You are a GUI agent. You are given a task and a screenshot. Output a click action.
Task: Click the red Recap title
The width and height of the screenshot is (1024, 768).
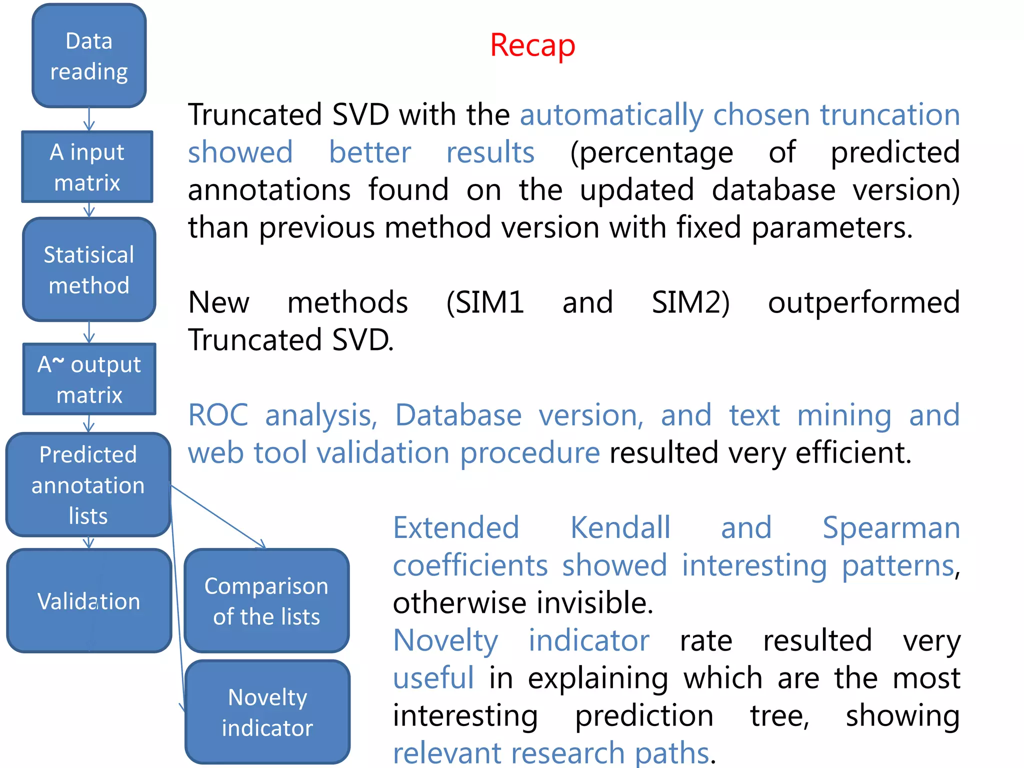pyautogui.click(x=532, y=45)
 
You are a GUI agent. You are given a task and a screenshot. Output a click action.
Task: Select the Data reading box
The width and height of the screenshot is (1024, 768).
pyautogui.click(x=89, y=56)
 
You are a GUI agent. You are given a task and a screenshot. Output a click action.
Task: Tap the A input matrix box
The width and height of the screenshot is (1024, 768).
pyautogui.click(x=87, y=167)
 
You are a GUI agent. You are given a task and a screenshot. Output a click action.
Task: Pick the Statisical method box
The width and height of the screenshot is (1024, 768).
pyautogui.click(x=89, y=269)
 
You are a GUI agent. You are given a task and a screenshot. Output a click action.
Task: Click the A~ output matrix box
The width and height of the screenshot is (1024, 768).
pyautogui.click(x=89, y=379)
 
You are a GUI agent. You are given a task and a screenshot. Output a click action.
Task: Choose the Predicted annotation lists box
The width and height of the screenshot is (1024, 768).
pyautogui.click(x=88, y=485)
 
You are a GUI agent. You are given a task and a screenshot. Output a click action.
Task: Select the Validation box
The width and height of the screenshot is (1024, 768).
pyautogui.click(x=89, y=600)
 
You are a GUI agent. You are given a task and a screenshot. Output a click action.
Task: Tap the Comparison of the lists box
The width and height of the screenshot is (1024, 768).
pyautogui.click(x=266, y=600)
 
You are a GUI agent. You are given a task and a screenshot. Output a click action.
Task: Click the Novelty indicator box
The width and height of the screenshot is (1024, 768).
pyautogui.click(x=267, y=712)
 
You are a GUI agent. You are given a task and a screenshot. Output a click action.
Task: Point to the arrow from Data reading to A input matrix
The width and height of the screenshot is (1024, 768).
pyautogui.click(x=89, y=119)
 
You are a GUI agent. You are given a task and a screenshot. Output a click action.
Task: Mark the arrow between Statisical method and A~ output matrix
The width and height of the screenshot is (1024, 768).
pyautogui.click(x=89, y=332)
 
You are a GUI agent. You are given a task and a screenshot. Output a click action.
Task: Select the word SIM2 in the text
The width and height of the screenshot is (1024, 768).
pyautogui.click(x=690, y=303)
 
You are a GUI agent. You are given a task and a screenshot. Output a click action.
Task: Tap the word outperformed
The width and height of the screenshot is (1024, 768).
pyautogui.click(x=863, y=303)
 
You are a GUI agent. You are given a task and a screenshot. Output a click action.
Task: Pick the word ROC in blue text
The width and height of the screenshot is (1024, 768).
pyautogui.click(x=218, y=415)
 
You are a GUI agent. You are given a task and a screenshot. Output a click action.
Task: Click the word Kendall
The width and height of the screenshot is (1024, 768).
pyautogui.click(x=620, y=528)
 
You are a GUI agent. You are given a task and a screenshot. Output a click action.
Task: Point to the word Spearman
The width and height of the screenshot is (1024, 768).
pyautogui.click(x=891, y=528)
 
